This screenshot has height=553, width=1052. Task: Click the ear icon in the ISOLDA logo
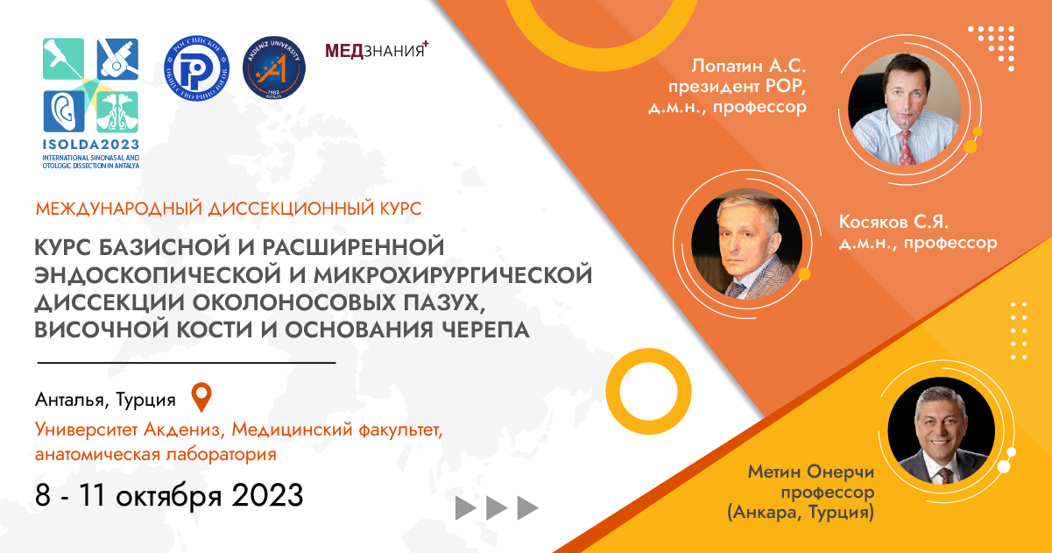pos(64,111)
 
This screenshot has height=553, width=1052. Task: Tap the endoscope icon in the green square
pos(63,59)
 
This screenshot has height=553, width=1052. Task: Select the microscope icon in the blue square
pos(117,59)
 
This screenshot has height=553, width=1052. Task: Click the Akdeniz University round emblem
pos(274,67)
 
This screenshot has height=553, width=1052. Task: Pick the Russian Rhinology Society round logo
pos(197,68)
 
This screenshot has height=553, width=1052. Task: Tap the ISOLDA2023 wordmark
pos(91,145)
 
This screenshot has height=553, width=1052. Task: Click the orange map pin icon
pos(202,398)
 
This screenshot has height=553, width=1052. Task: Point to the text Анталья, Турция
pos(105,400)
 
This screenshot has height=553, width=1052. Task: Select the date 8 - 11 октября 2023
pos(169,495)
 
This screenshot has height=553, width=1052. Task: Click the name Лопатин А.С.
pos(749,67)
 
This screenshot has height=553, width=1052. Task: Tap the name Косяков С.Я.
pos(893,222)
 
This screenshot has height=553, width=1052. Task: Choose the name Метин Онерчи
pos(811,471)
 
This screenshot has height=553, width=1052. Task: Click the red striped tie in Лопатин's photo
pos(907,147)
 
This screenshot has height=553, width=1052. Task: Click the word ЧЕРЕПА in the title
pos(486,330)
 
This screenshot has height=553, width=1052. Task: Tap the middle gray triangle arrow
pos(497,508)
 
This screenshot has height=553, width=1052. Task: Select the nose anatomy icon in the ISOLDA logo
pos(117,111)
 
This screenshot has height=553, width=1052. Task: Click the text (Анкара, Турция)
pos(801,512)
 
